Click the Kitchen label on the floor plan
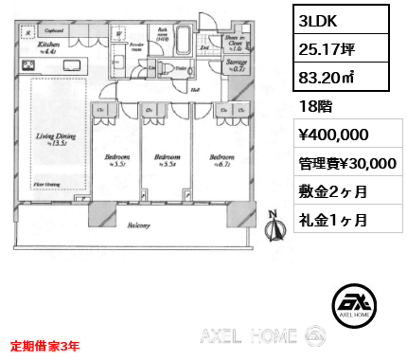click(48, 44)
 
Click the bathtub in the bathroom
click(181, 42)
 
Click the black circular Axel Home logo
click(354, 303)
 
